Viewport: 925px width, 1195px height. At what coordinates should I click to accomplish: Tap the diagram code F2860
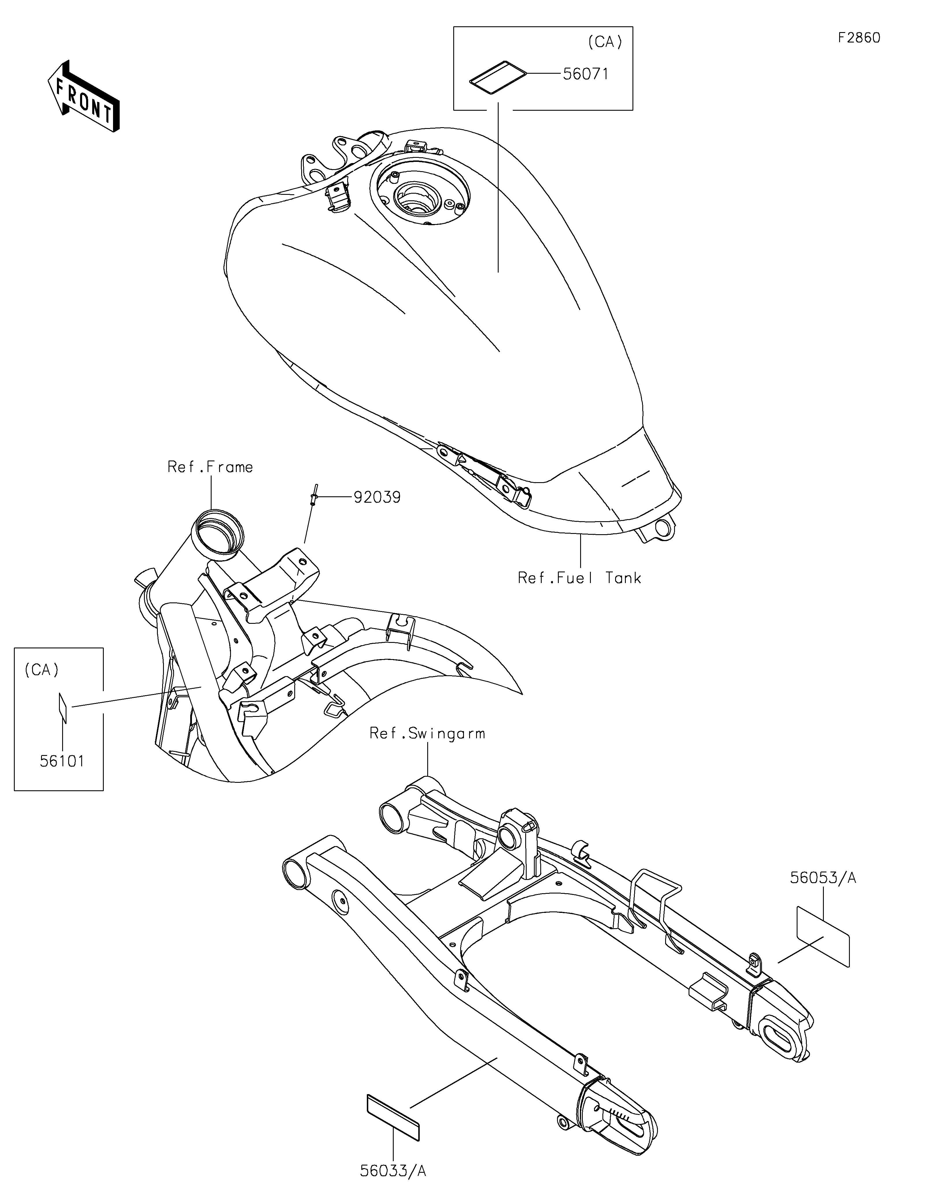point(859,38)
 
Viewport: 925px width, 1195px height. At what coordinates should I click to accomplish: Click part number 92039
point(377,497)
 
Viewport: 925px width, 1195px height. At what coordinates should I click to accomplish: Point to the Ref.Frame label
point(210,467)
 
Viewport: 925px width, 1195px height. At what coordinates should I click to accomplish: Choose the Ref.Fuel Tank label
point(579,578)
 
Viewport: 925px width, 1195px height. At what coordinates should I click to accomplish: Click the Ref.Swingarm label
point(427,733)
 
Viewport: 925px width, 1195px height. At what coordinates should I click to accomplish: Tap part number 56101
point(62,761)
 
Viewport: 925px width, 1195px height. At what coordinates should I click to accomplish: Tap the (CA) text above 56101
point(42,670)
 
